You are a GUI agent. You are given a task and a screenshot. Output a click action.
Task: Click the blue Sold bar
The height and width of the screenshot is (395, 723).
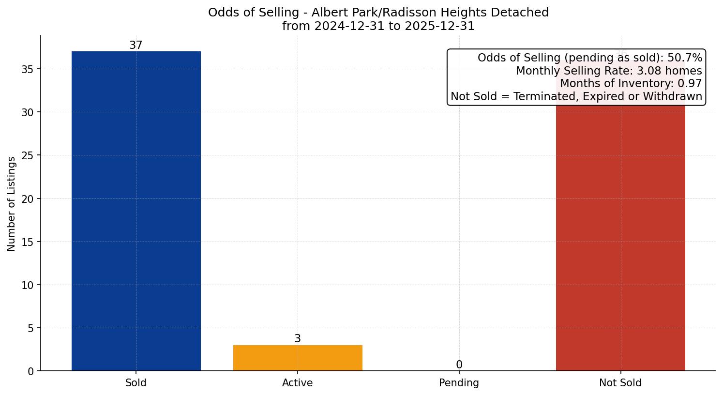click(x=136, y=211)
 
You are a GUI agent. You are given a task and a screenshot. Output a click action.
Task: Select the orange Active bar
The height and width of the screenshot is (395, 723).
click(x=298, y=358)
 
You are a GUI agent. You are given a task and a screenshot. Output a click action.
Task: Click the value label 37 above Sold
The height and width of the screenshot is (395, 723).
click(x=136, y=45)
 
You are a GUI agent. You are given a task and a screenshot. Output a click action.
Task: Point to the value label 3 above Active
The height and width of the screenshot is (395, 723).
click(x=298, y=338)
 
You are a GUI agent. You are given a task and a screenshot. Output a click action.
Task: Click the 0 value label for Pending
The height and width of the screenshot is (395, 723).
click(x=459, y=365)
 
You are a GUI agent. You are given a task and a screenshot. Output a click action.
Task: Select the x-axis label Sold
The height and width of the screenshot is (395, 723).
click(x=136, y=383)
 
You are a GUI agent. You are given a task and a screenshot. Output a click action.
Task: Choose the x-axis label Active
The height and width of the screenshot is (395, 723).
click(x=298, y=383)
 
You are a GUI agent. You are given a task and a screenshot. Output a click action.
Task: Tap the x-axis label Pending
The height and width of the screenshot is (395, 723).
click(x=459, y=383)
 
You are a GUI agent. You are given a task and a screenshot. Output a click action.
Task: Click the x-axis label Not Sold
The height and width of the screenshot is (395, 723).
click(x=620, y=383)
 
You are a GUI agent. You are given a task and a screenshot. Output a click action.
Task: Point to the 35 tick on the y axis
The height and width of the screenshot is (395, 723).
click(x=27, y=69)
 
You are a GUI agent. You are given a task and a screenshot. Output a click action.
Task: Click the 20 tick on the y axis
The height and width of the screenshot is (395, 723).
click(x=27, y=199)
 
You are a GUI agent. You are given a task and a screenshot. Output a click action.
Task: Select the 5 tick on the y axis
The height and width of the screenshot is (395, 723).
click(x=30, y=328)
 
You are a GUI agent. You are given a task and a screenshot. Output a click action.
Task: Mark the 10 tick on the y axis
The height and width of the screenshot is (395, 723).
click(x=27, y=285)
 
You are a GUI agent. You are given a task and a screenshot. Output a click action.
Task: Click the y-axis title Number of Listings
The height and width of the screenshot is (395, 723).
click(x=12, y=203)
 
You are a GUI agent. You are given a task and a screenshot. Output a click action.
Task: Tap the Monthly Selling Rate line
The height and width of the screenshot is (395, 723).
click(x=608, y=71)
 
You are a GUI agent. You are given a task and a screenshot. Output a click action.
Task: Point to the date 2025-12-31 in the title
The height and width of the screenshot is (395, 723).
click(x=440, y=26)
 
